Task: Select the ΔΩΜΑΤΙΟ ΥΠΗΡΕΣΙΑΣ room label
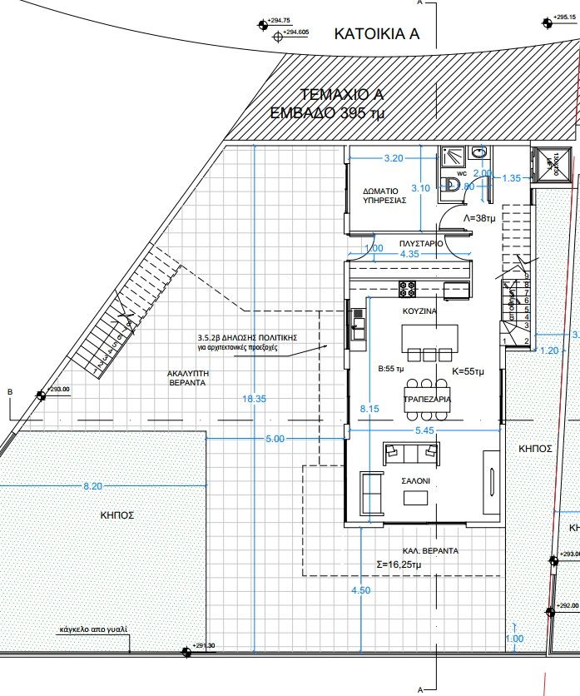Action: point(384,196)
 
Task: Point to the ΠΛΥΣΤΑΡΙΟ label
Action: point(420,243)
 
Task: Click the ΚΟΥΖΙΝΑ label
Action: point(419,310)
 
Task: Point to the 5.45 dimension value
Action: point(424,432)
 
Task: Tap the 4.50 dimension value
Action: point(361,590)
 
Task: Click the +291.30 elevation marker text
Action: point(203,645)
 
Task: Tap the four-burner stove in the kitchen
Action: point(409,289)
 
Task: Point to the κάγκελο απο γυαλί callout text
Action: point(93,630)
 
